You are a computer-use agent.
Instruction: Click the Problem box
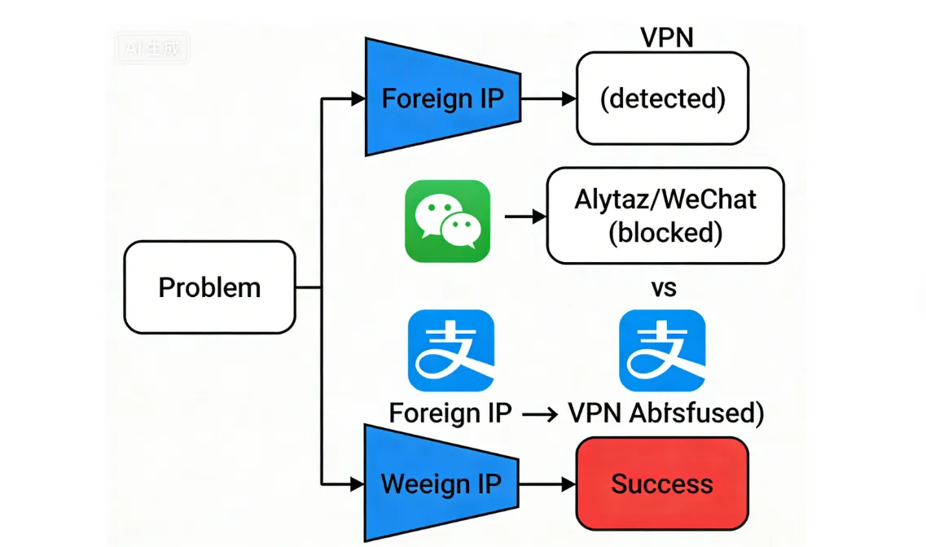(209, 287)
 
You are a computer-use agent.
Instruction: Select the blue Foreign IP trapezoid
(442, 98)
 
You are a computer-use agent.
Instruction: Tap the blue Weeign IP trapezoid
(441, 484)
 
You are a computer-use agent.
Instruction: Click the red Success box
(661, 484)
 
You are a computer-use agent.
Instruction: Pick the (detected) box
(661, 98)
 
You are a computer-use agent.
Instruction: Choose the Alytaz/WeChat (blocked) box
(665, 216)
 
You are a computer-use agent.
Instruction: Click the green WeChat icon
(447, 221)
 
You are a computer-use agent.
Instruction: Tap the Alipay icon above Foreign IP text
(450, 350)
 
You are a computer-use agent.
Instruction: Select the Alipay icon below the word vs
(662, 350)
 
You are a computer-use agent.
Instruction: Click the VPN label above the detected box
(666, 37)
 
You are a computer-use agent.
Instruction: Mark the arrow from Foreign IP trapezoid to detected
(548, 98)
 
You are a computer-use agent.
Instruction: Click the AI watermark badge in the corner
(151, 48)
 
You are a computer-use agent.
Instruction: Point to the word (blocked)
(665, 233)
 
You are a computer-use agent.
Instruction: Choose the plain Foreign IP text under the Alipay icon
(450, 414)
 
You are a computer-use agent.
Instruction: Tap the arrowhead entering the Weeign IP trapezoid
(357, 484)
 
